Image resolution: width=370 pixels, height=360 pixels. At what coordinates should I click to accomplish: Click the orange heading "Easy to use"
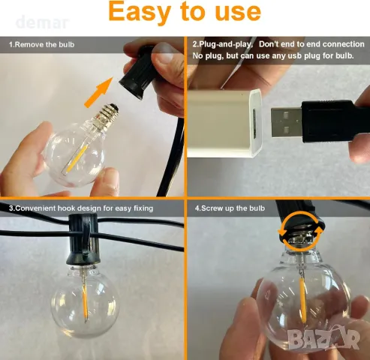click(x=185, y=12)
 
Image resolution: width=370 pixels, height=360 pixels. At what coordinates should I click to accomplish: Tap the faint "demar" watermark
click(x=42, y=22)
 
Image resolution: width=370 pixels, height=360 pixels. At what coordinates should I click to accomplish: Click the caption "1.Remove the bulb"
click(x=42, y=44)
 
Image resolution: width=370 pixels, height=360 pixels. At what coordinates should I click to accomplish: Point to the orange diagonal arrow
click(x=99, y=92)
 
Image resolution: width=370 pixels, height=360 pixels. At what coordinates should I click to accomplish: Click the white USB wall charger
click(x=224, y=124)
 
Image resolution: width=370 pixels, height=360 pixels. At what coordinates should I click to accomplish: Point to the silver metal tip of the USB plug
click(x=287, y=122)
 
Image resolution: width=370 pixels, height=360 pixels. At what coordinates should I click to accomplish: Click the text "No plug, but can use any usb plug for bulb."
click(x=273, y=55)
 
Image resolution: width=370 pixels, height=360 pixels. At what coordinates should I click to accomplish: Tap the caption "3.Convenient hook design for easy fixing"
click(x=81, y=208)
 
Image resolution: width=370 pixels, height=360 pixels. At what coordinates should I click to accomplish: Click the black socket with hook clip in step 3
click(x=84, y=239)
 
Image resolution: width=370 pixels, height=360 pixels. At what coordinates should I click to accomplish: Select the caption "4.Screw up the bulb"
click(x=230, y=208)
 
